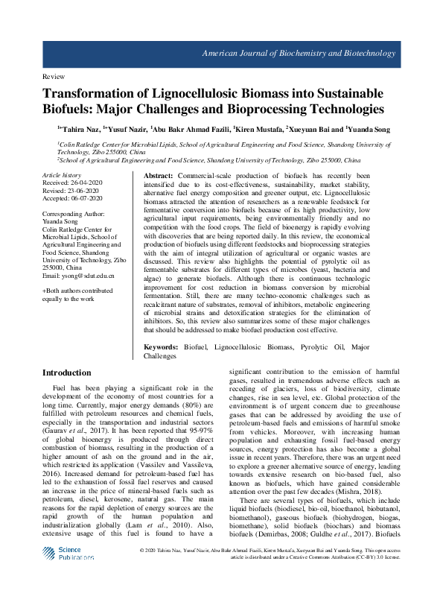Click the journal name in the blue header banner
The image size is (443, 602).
click(310, 54)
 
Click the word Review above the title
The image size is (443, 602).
click(53, 77)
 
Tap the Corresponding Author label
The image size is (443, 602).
click(80, 214)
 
